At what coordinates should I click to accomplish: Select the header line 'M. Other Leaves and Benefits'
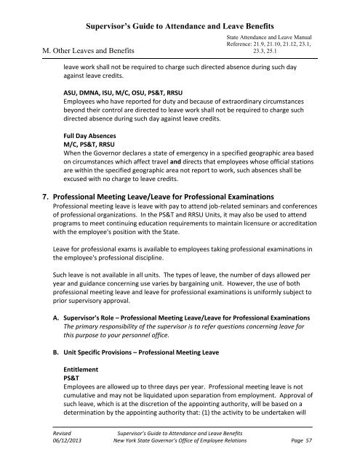point(105,50)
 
